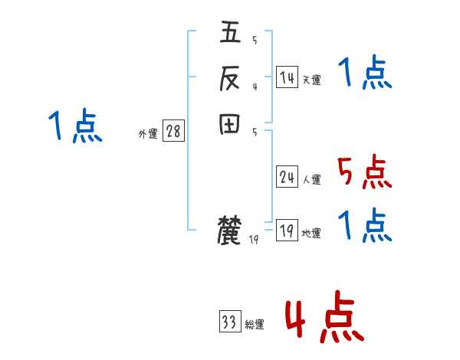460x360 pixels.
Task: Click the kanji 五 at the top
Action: [x=230, y=34]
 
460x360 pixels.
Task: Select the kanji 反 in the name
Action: [x=230, y=77]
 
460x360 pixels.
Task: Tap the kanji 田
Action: [x=230, y=124]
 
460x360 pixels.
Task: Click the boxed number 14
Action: [x=287, y=77]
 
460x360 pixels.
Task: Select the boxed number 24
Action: [x=287, y=178]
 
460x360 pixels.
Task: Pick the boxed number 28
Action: [x=173, y=132]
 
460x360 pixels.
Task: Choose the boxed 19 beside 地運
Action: [x=287, y=231]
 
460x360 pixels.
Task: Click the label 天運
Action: [x=311, y=80]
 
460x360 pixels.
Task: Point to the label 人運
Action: [x=311, y=180]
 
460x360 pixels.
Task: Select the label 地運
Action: [x=311, y=234]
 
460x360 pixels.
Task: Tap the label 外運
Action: [x=148, y=134]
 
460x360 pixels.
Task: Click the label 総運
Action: [x=255, y=325]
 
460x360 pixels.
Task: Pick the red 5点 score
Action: [x=365, y=172]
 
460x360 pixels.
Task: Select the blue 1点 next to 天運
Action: [x=365, y=74]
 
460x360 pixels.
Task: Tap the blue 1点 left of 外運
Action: [x=74, y=126]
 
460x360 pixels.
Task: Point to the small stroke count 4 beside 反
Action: [x=255, y=87]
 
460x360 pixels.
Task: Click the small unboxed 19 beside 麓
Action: [x=255, y=240]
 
